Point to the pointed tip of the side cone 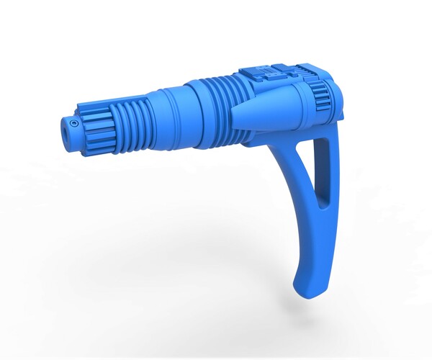231,117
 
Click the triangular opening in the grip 325,166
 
